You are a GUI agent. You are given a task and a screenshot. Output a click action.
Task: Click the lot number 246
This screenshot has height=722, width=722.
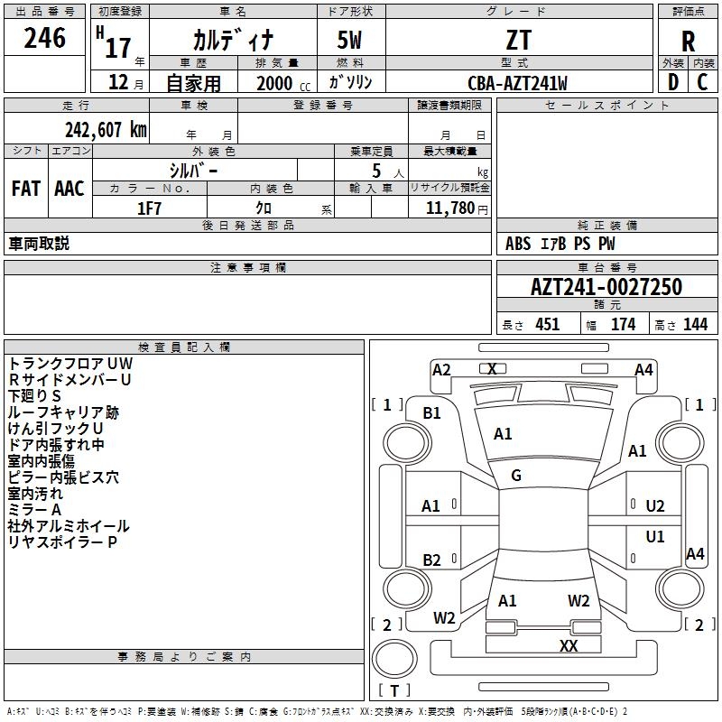tap(44, 38)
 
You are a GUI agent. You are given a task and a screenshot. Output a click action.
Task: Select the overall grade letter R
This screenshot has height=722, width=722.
tap(688, 42)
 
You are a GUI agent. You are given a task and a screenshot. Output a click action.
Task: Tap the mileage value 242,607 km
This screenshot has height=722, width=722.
tap(106, 130)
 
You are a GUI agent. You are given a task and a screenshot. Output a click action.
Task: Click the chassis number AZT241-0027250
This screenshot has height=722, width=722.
tap(606, 287)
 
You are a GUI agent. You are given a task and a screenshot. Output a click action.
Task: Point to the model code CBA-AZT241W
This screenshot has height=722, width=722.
tap(517, 83)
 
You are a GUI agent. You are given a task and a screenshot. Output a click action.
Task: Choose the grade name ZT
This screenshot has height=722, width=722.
tap(519, 40)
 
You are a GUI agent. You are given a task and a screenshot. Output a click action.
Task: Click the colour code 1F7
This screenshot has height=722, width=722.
tap(150, 208)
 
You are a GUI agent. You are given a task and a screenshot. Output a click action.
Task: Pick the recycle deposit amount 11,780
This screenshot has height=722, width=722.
tap(450, 208)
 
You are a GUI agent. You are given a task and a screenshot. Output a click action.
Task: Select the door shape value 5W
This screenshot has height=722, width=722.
tap(349, 40)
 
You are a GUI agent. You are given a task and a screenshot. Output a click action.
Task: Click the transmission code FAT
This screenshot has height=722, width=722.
tap(26, 189)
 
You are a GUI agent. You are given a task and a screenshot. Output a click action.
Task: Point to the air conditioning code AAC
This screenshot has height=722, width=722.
tap(69, 189)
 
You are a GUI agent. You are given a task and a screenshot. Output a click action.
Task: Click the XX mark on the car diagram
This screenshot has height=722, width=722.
tap(569, 645)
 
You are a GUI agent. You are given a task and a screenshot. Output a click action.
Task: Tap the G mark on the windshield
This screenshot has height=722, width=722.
tap(516, 476)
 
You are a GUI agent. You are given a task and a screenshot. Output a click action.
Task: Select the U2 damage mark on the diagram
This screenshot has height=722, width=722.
tap(655, 506)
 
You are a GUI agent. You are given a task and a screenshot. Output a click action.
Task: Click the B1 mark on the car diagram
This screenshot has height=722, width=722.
tap(431, 413)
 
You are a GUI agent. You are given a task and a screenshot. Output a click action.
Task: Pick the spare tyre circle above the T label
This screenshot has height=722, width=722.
tap(394, 659)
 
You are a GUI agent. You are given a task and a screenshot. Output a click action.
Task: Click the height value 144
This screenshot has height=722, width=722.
tap(695, 324)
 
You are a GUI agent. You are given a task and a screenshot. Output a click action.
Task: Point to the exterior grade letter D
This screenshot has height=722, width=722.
tap(673, 82)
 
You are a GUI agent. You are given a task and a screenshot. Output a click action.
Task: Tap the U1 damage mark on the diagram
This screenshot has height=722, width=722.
tap(655, 537)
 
